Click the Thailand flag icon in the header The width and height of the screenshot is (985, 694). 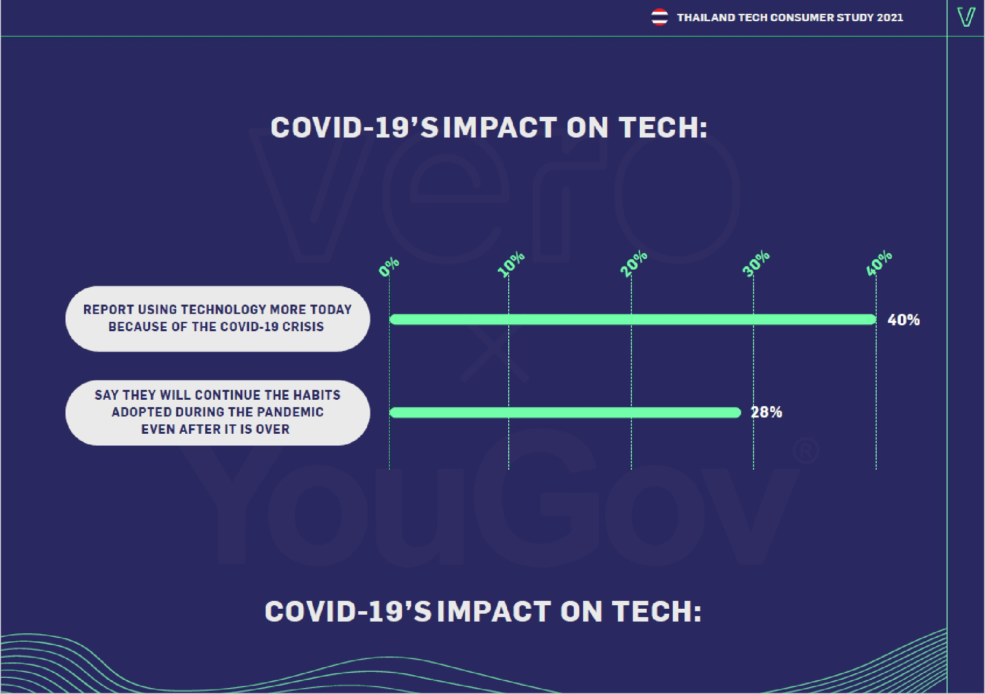(659, 17)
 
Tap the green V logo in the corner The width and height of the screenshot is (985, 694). (966, 17)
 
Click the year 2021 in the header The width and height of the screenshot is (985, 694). (890, 18)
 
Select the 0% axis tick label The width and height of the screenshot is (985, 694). (389, 267)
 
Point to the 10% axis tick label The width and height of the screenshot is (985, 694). (511, 264)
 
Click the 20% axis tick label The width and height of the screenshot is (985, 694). (633, 263)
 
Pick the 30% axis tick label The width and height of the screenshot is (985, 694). (755, 263)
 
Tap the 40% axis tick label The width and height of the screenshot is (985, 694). (879, 263)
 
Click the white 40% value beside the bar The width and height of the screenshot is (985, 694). (903, 320)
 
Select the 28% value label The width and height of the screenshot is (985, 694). (766, 412)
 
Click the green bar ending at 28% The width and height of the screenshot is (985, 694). (565, 413)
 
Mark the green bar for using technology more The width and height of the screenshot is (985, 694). (632, 319)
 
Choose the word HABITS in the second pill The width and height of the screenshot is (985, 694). (317, 395)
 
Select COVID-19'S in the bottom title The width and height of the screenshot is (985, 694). (348, 612)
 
